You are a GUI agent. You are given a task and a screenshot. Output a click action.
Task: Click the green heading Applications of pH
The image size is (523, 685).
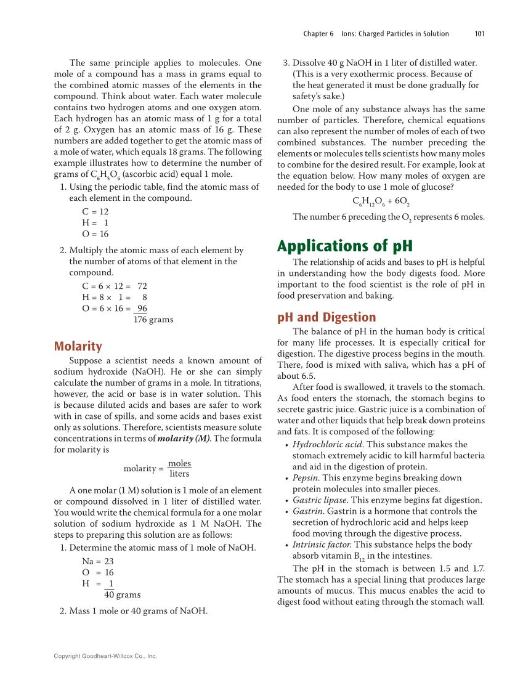pos(344,246)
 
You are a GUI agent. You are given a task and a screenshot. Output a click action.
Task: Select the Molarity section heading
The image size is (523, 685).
pos(78,346)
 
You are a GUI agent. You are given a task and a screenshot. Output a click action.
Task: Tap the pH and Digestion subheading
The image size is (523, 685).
pos(326,317)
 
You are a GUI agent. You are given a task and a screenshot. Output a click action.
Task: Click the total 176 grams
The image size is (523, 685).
pos(153,320)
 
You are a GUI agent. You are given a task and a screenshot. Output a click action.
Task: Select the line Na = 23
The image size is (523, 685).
pos(97,561)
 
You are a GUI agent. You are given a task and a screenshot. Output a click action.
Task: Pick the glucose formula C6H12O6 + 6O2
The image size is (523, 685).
pos(381,201)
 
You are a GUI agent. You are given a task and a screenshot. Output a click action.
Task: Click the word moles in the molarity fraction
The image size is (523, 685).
pos(179,463)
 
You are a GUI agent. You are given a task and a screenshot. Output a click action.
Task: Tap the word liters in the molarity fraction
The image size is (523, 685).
pos(179,474)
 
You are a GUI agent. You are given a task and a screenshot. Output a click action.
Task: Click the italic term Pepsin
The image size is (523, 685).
pos(306,478)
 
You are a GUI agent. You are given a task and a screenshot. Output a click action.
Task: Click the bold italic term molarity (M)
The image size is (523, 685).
pos(184,439)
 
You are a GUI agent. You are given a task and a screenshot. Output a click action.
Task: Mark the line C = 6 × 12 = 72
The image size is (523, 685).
pos(114,286)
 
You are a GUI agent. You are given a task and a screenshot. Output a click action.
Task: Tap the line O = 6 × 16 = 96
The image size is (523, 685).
pos(114,309)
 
